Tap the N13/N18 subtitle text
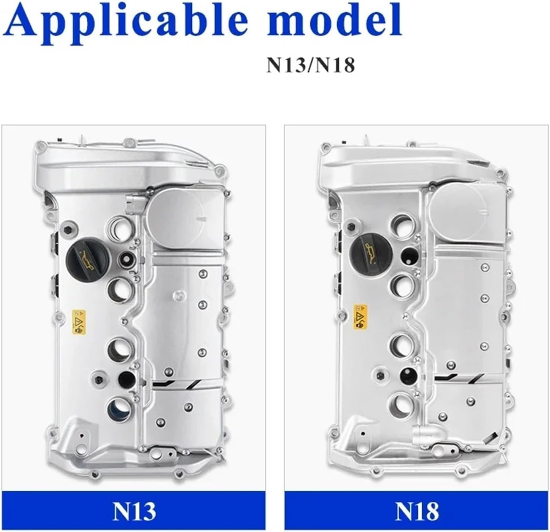pyautogui.click(x=310, y=65)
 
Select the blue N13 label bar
pyautogui.click(x=134, y=510)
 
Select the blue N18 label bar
pyautogui.click(x=416, y=510)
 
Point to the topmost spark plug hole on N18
pyautogui.click(x=403, y=225)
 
